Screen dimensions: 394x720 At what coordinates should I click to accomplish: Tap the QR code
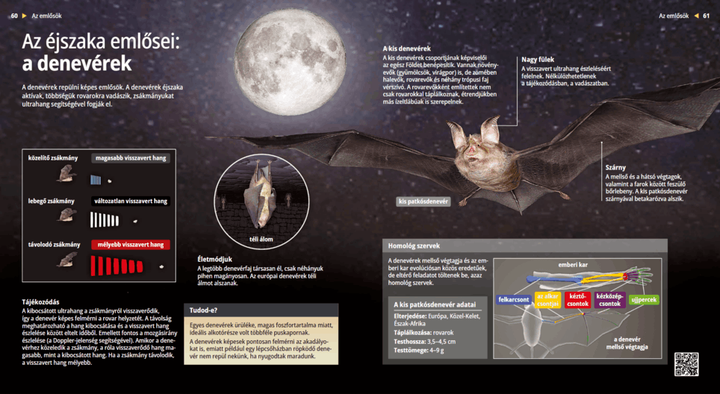point(686,363)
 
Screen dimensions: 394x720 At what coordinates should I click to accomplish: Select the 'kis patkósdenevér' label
point(423,201)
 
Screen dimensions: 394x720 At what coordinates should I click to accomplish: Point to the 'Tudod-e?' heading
point(204,310)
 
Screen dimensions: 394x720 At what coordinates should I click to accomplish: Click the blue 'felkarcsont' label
point(514,300)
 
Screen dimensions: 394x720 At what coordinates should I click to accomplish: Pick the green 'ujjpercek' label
point(644,300)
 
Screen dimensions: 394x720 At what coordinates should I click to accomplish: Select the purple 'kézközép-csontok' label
point(610,300)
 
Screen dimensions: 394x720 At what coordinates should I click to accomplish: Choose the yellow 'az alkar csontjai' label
point(548,300)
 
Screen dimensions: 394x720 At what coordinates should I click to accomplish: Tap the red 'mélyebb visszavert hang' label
point(131,245)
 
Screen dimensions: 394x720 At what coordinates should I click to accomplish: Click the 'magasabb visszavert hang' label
point(131,158)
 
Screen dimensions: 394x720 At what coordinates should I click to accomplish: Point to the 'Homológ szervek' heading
point(414,246)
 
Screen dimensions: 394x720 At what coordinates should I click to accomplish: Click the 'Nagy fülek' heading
point(538,59)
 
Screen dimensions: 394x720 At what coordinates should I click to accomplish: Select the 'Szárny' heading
point(616,167)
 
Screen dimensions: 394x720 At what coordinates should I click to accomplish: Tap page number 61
point(706,15)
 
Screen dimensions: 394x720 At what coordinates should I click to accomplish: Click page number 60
point(14,15)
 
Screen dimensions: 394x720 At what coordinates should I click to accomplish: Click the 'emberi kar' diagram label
point(573,265)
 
